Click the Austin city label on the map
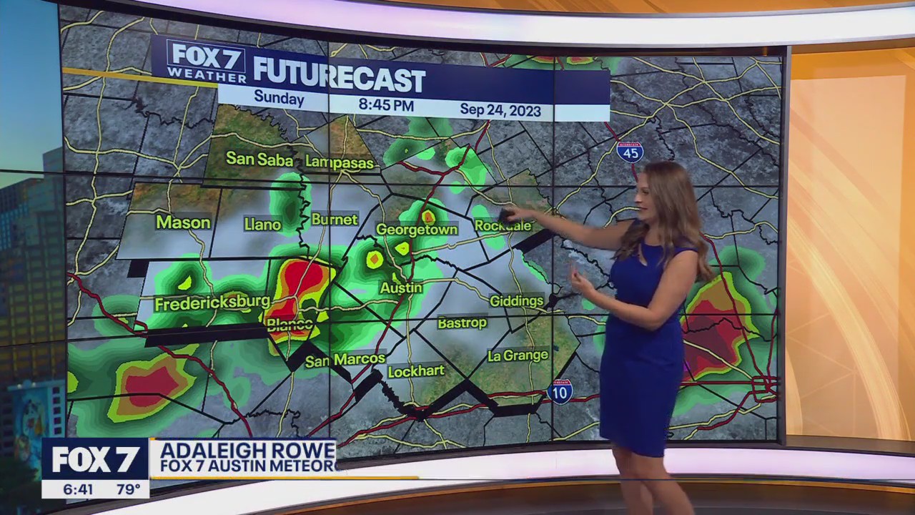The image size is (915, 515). pyautogui.click(x=401, y=288)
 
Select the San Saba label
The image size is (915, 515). pyautogui.click(x=259, y=158)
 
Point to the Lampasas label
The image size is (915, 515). pyautogui.click(x=340, y=162)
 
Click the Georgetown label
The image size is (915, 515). pyautogui.click(x=417, y=230)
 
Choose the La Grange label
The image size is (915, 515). pyautogui.click(x=518, y=355)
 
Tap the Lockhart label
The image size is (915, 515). pyautogui.click(x=416, y=371)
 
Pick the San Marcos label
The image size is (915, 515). pyautogui.click(x=345, y=360)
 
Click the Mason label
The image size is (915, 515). pyautogui.click(x=184, y=222)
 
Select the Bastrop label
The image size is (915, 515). pyautogui.click(x=462, y=323)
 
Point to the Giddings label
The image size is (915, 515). pyautogui.click(x=517, y=301)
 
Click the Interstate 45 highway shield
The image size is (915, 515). pyautogui.click(x=630, y=151)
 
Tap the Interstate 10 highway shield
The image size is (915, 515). pyautogui.click(x=560, y=391)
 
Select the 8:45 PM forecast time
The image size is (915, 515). pyautogui.click(x=386, y=105)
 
